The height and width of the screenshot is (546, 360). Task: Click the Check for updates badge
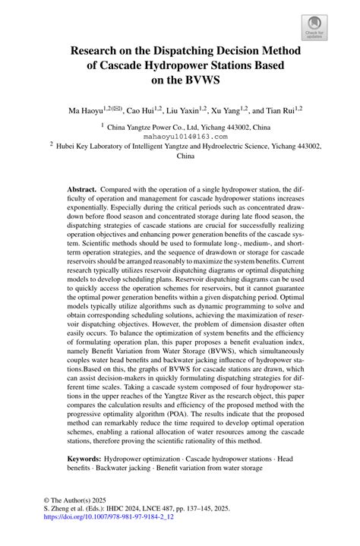coord(314,28)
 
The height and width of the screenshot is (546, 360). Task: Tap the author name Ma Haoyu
coord(86,111)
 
